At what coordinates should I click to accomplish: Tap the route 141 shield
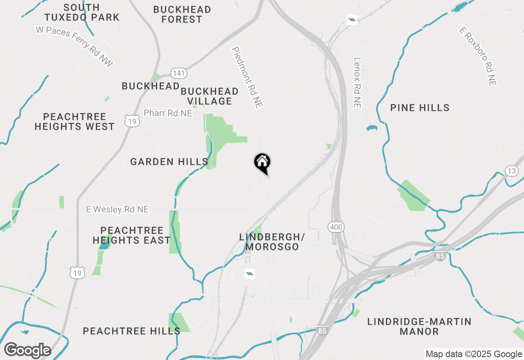pyautogui.click(x=179, y=73)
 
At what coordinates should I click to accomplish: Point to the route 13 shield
pyautogui.click(x=511, y=171)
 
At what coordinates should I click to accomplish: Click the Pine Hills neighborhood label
pyautogui.click(x=420, y=108)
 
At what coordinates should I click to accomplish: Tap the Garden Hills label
pyautogui.click(x=169, y=162)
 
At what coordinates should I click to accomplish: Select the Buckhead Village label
pyautogui.click(x=210, y=96)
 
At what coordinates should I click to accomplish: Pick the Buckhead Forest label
pyautogui.click(x=182, y=14)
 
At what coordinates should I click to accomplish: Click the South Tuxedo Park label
pyautogui.click(x=82, y=12)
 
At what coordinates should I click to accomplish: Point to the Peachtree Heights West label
pyautogui.click(x=75, y=122)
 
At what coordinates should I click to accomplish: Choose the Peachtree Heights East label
pyautogui.click(x=131, y=235)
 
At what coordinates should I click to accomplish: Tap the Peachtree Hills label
pyautogui.click(x=131, y=331)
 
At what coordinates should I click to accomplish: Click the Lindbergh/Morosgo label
pyautogui.click(x=272, y=242)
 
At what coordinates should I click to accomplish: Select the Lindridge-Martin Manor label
pyautogui.click(x=419, y=326)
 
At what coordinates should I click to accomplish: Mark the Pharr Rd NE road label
pyautogui.click(x=168, y=113)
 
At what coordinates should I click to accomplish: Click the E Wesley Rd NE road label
pyautogui.click(x=117, y=209)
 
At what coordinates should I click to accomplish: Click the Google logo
pyautogui.click(x=27, y=351)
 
